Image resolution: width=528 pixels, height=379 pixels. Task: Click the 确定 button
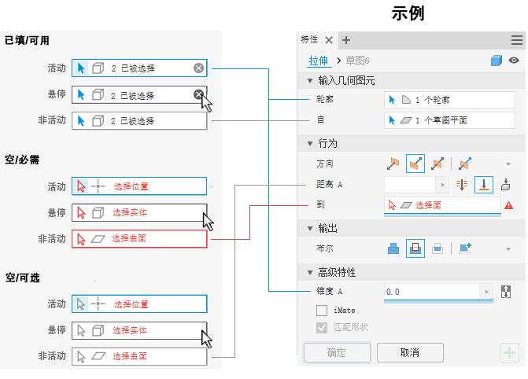(x=337, y=352)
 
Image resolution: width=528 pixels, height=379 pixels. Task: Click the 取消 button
(x=409, y=352)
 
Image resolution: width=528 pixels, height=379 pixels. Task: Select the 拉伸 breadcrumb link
(x=318, y=61)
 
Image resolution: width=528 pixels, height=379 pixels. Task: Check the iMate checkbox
(x=322, y=311)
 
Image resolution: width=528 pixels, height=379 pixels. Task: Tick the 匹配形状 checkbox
(x=322, y=327)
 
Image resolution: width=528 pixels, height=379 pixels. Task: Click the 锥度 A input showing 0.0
(x=432, y=292)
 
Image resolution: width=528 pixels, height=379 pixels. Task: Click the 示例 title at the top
(x=408, y=13)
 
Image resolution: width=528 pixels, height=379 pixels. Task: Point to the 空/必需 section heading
(x=23, y=160)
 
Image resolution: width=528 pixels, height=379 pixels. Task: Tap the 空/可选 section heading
(x=23, y=277)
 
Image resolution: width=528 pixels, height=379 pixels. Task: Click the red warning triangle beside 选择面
(x=509, y=205)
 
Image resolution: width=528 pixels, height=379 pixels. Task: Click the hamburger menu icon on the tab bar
(x=516, y=40)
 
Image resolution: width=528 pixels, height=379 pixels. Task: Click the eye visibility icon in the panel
(x=514, y=61)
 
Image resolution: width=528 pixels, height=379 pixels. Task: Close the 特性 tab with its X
(x=329, y=40)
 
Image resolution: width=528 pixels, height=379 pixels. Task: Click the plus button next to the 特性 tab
(x=346, y=40)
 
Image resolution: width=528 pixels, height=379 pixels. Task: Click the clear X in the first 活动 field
(x=199, y=68)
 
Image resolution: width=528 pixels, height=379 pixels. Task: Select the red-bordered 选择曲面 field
(x=139, y=239)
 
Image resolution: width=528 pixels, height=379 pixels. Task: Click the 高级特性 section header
(x=337, y=272)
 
